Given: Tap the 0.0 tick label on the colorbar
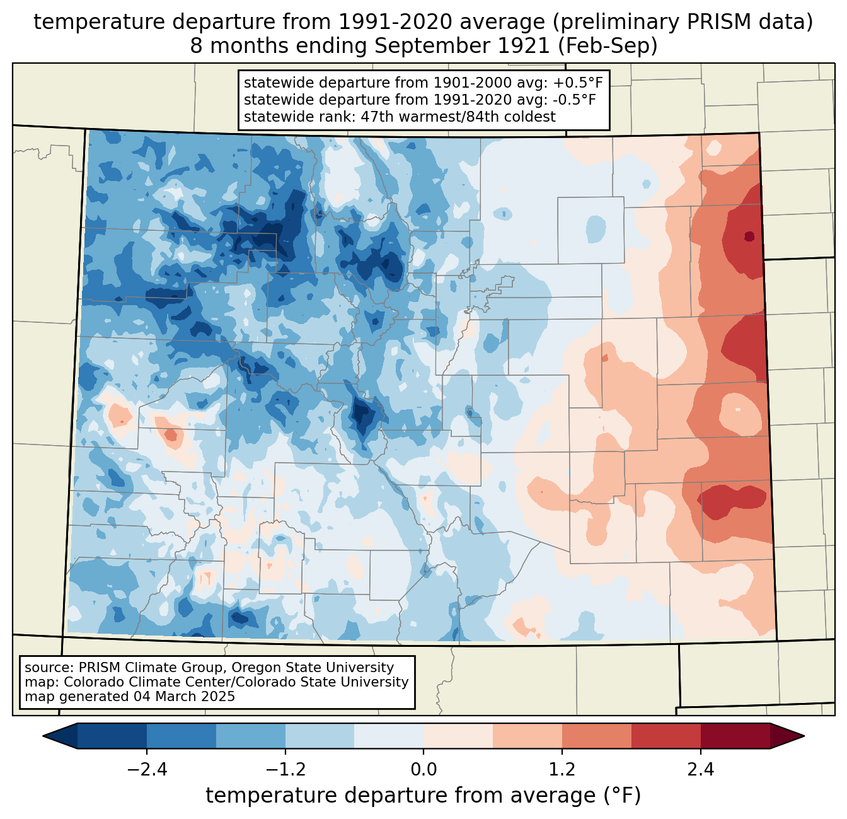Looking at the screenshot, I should coord(423,770).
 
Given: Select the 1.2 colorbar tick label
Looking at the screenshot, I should coord(562,770).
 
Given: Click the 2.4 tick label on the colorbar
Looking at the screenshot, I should coord(701,770).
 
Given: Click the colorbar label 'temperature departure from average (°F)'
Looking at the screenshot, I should coord(423,796).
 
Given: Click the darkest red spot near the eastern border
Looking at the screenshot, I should coord(749,236).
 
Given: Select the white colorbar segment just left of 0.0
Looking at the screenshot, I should coord(389,736).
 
